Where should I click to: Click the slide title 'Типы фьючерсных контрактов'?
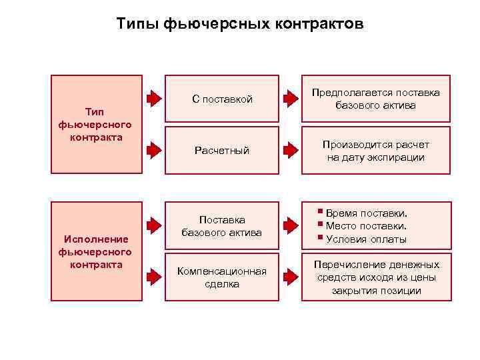(x=240, y=25)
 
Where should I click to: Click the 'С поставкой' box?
(x=222, y=99)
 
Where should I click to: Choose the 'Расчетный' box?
(x=222, y=151)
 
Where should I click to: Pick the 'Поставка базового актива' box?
(x=222, y=226)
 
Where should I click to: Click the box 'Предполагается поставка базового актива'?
(x=376, y=99)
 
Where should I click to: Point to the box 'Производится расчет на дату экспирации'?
(x=376, y=151)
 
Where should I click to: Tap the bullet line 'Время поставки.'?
(x=366, y=213)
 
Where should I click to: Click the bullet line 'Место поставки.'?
(x=366, y=226)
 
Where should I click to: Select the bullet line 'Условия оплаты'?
(x=366, y=239)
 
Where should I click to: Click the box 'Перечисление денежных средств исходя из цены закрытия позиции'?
(x=376, y=277)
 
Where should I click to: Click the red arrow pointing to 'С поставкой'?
(x=154, y=99)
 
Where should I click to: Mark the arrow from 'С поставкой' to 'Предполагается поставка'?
(x=290, y=99)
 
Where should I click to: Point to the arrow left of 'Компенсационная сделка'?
(x=154, y=274)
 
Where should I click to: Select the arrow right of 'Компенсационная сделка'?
(x=290, y=274)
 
